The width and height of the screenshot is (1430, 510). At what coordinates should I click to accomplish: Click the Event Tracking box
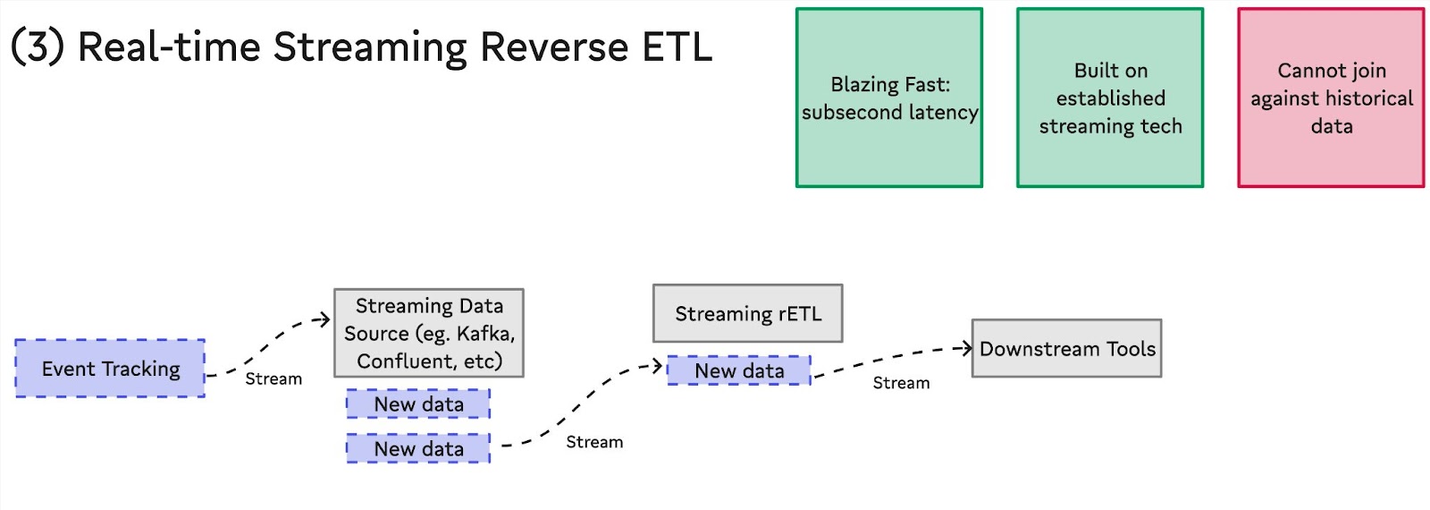(111, 368)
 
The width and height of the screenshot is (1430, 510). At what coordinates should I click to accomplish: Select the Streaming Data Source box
(429, 333)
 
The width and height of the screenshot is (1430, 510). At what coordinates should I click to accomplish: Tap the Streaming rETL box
(747, 313)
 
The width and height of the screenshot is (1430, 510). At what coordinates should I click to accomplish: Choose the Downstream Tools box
(1067, 348)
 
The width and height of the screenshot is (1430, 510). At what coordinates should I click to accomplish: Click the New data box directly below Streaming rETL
(739, 370)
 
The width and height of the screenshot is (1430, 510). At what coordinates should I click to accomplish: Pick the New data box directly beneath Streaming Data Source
(419, 404)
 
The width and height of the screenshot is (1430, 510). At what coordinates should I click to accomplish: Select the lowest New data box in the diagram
(419, 448)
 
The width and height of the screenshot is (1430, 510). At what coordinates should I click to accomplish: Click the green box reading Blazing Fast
(889, 98)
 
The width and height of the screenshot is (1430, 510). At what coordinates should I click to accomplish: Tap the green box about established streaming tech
(1110, 98)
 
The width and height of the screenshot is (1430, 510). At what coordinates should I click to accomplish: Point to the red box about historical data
(1331, 98)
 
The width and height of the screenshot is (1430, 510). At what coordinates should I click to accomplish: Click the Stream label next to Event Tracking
(273, 379)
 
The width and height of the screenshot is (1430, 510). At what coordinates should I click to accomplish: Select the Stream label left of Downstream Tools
(902, 383)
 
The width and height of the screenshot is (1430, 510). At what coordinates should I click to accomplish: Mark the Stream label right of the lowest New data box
(594, 442)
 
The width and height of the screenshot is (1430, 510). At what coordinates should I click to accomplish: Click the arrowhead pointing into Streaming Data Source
(325, 319)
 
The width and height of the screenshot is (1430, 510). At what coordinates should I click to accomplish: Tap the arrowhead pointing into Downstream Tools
(966, 348)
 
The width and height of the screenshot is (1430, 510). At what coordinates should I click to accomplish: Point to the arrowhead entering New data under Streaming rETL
(657, 366)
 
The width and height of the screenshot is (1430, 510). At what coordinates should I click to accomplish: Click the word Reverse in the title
(554, 47)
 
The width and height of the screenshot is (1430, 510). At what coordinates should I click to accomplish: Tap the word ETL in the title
(677, 47)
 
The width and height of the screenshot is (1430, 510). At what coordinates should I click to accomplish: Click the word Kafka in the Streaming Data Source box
(486, 334)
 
